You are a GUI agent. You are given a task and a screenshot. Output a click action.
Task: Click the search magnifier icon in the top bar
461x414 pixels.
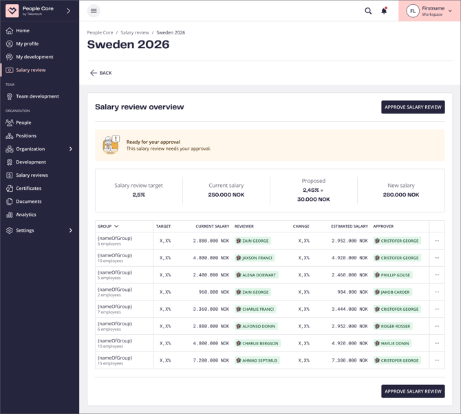[x=368, y=11]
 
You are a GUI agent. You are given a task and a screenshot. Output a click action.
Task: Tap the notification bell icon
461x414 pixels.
[x=384, y=11]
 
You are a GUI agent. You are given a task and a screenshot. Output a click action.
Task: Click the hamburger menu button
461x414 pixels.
[x=94, y=11]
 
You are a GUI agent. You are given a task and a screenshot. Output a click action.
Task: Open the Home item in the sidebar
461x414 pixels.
[x=23, y=31]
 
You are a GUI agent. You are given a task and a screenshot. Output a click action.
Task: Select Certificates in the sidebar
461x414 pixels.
[x=28, y=188]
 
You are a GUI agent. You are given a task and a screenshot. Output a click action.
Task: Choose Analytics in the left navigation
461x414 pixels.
[x=26, y=215]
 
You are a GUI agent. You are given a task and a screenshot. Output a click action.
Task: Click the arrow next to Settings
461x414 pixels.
[x=71, y=230]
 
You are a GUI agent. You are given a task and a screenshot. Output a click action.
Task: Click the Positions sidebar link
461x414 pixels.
[x=26, y=136]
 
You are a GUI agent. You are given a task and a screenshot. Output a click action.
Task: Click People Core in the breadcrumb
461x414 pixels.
[x=100, y=32]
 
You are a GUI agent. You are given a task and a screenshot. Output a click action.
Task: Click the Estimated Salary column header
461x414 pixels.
[x=350, y=226]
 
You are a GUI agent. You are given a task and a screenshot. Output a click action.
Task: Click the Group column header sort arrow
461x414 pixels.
[x=116, y=226]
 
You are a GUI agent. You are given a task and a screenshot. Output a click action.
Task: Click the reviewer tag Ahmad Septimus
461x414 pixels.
[x=257, y=360]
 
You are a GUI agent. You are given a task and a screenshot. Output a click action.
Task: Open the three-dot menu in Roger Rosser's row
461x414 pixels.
[x=437, y=327]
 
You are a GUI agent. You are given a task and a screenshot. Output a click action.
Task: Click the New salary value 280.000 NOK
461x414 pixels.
[x=400, y=195]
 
